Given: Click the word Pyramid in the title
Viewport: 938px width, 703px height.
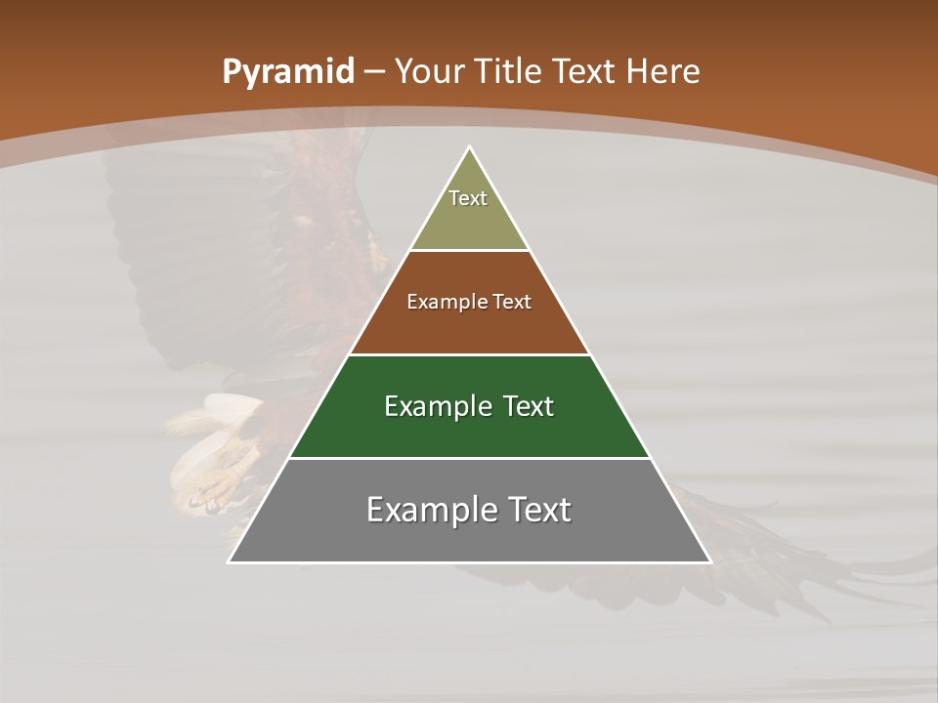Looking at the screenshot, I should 287,72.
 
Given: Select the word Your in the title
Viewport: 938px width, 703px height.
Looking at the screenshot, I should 429,72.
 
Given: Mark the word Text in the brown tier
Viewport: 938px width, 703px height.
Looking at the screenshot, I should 513,302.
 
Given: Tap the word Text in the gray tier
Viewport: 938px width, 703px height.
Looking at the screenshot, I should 538,510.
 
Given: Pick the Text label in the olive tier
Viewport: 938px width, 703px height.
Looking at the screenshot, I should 468,198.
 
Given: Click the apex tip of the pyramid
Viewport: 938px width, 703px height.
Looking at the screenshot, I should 469,148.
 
